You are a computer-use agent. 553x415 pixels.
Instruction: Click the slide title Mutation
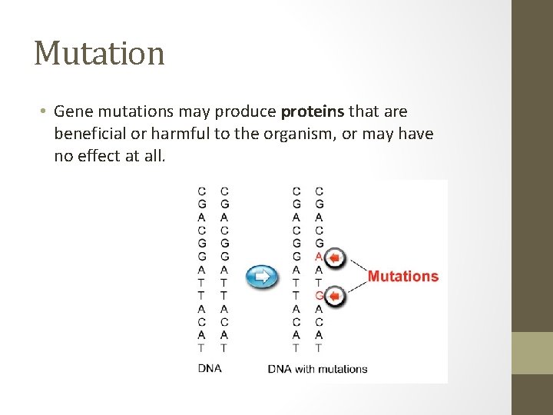click(x=99, y=54)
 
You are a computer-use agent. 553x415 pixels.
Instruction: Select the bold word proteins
click(x=313, y=111)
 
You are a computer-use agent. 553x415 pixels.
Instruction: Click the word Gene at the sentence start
click(x=71, y=111)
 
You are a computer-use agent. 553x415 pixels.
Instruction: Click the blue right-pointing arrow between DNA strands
click(x=262, y=275)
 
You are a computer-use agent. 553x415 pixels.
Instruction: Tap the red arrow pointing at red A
click(x=336, y=257)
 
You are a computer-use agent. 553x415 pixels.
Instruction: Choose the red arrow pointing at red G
click(x=336, y=296)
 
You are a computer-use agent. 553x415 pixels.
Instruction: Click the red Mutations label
click(x=402, y=276)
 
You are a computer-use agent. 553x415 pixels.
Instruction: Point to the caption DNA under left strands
click(x=210, y=368)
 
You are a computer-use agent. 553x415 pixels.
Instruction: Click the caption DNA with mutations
click(x=317, y=368)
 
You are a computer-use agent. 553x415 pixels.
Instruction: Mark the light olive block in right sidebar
click(x=532, y=353)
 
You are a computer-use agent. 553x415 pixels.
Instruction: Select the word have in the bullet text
click(x=416, y=134)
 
